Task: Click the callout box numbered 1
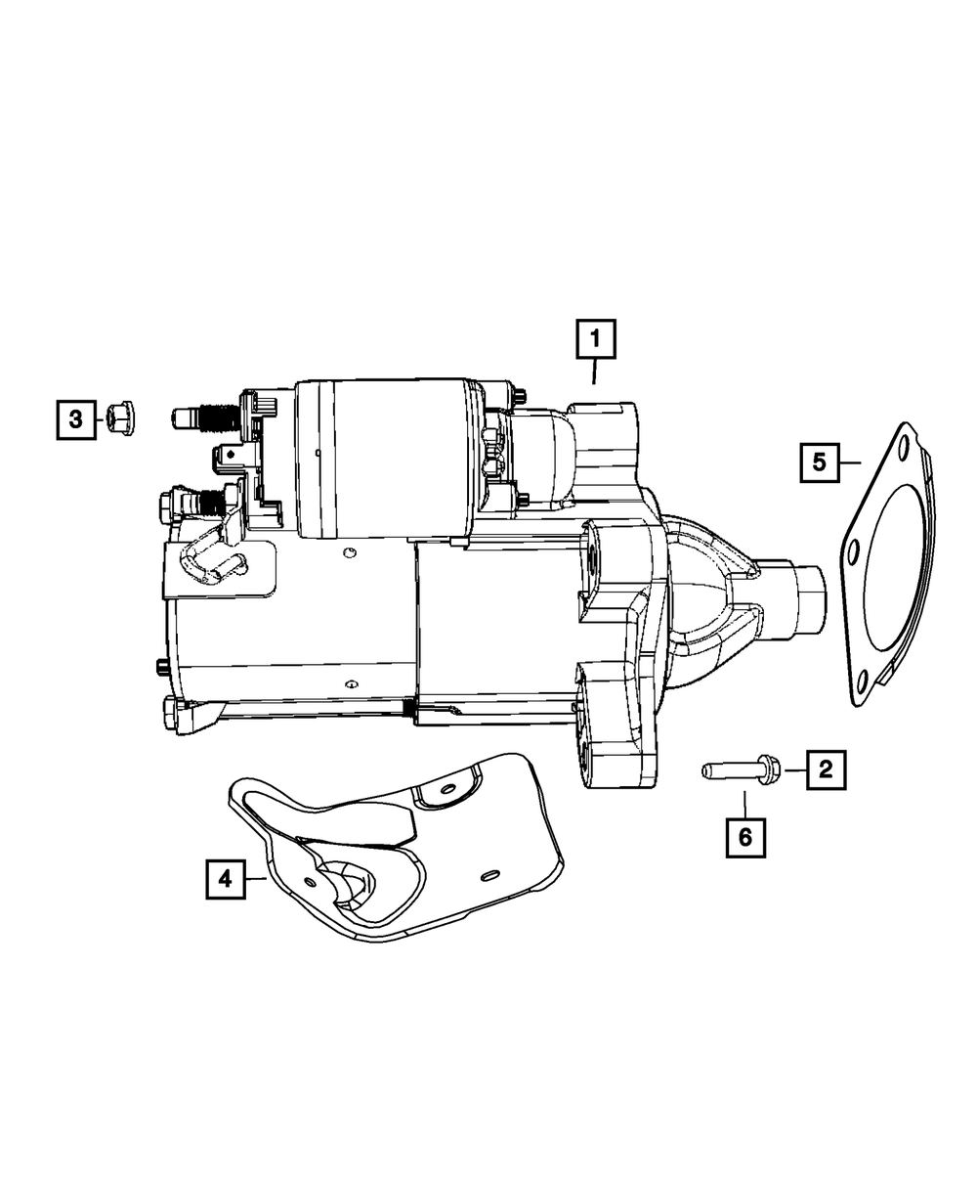[595, 342]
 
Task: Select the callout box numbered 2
[826, 771]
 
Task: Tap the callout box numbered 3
[75, 420]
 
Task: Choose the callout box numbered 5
[819, 461]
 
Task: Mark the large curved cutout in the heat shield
[347, 885]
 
